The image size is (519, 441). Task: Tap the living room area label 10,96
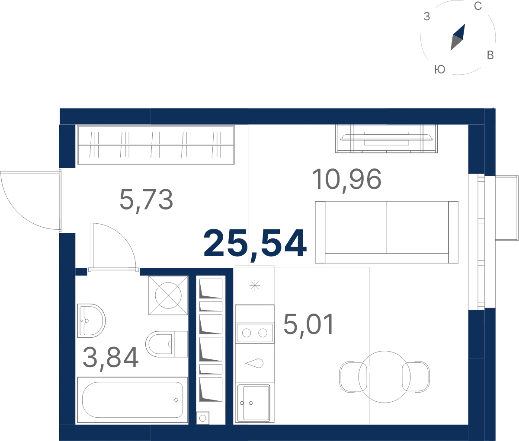[346, 179]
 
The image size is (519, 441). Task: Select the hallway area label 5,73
[146, 200]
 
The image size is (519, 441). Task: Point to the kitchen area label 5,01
[309, 325]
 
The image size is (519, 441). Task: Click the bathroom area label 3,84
[110, 357]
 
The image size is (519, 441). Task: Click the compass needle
[458, 37]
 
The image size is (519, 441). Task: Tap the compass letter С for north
[478, 6]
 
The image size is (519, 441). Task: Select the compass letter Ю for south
[440, 70]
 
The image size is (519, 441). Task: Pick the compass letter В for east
[490, 55]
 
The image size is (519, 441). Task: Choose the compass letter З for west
[427, 16]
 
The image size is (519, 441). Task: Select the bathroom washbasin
[91, 320]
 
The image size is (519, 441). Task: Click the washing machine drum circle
[168, 295]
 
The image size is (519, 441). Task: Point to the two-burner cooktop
[254, 333]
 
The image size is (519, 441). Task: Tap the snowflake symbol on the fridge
[255, 286]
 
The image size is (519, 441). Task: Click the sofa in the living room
[387, 232]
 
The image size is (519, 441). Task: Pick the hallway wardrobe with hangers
[156, 145]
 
